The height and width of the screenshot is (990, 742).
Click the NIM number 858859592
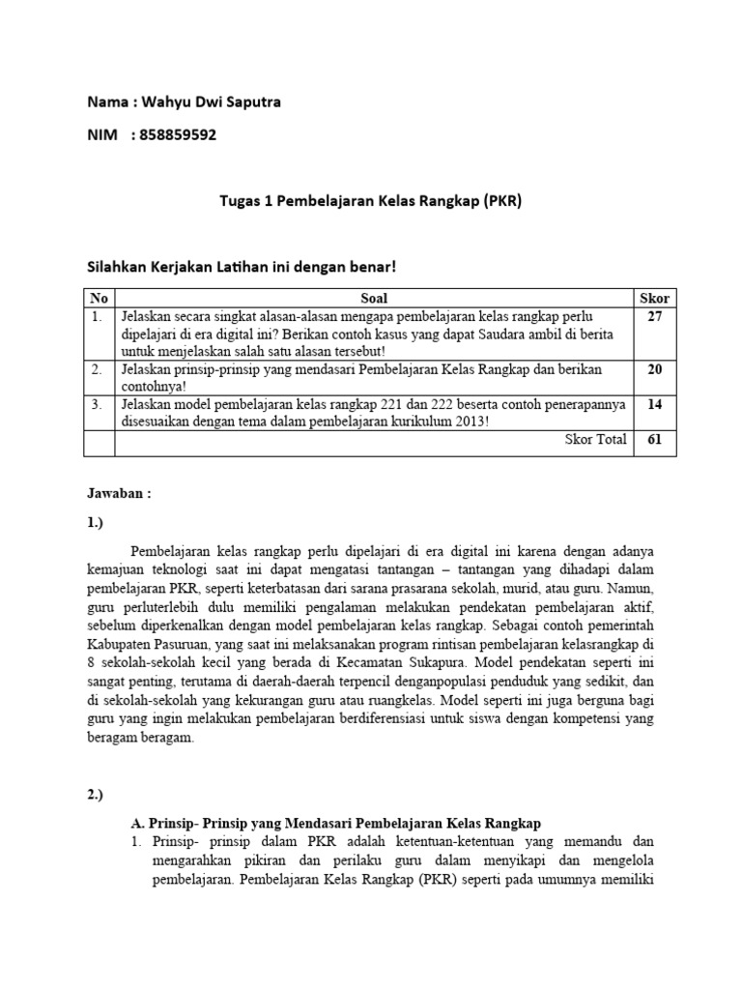[178, 134]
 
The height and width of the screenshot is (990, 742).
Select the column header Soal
[374, 299]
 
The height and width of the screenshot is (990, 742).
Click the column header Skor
[654, 299]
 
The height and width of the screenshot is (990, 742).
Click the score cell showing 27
[654, 316]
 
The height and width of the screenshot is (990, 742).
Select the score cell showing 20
[654, 369]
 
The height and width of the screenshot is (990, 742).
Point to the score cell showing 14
[654, 405]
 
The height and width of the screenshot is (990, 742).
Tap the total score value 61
[654, 440]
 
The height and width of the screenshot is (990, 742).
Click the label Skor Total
[595, 440]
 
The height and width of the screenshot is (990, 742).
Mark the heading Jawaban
[119, 492]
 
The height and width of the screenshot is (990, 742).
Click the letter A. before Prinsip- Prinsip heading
[137, 823]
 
